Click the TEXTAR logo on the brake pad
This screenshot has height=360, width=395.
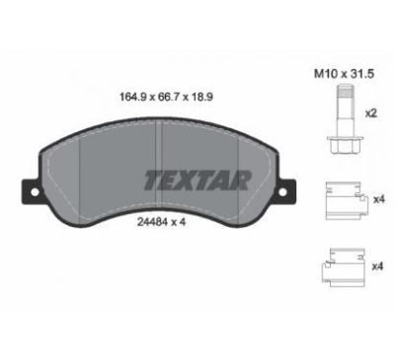click(x=197, y=180)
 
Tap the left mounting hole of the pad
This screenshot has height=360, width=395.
click(x=35, y=192)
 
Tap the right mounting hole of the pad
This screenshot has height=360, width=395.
click(x=282, y=192)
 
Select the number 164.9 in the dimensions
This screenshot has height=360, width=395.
click(x=132, y=98)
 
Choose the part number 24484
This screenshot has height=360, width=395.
click(x=150, y=222)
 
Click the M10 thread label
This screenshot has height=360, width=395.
click(x=326, y=74)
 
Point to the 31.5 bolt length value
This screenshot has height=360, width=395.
click(x=361, y=74)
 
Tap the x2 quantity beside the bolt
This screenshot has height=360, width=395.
click(x=370, y=114)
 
